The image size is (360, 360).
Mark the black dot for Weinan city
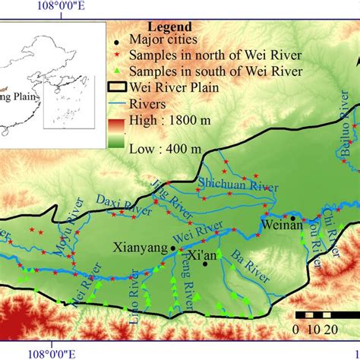click(x=292, y=217)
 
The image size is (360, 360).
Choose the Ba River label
click(x=245, y=266)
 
